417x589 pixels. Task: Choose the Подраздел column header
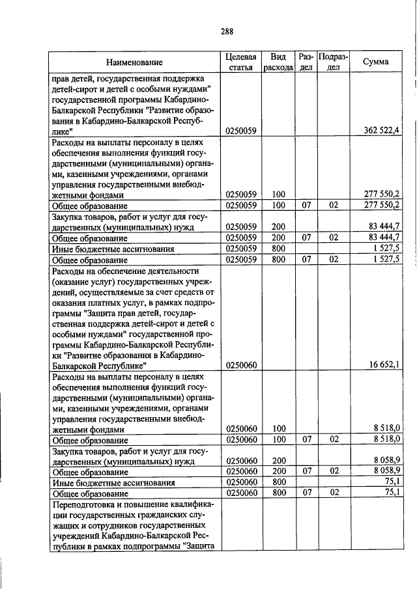coord(333,62)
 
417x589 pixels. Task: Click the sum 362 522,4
coord(383,148)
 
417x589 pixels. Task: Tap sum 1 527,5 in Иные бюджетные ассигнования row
coord(387,249)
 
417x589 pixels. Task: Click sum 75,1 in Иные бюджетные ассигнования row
coord(392,482)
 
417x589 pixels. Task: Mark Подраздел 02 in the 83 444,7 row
coord(333,238)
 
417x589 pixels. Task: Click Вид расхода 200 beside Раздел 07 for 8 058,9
coord(279,471)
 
